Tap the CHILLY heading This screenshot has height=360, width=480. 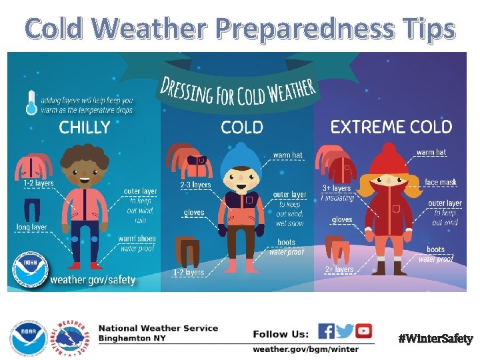85,128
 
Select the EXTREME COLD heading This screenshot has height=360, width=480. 391,127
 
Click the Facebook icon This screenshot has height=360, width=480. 326,331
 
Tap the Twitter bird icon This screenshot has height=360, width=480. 345,331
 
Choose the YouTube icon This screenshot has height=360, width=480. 363,331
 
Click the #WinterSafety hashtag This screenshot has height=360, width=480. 435,339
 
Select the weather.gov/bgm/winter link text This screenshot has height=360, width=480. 305,349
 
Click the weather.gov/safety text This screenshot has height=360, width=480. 93,279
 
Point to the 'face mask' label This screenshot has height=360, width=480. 440,181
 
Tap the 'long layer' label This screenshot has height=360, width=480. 31,227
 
